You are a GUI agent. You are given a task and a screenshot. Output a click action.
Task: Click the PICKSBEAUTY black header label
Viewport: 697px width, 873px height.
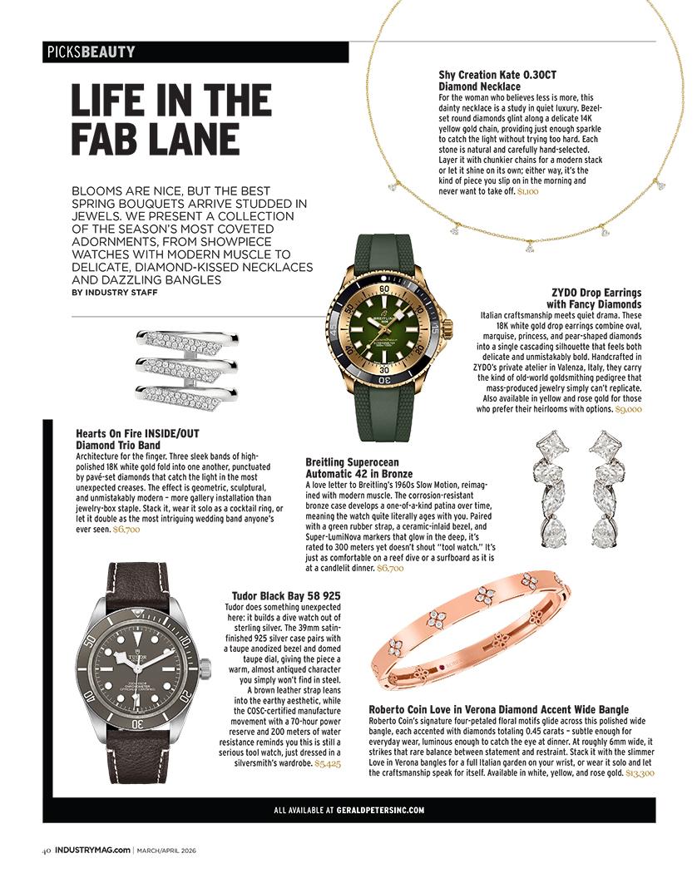pos(91,52)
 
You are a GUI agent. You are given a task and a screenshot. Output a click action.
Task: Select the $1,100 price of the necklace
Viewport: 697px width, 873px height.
pos(528,191)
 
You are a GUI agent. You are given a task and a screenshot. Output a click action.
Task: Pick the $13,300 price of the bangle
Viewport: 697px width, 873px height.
pos(640,773)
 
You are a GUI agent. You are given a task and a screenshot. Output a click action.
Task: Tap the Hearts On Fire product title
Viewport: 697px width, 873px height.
pos(137,439)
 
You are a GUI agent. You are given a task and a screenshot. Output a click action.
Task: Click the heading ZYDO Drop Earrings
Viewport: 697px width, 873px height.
pos(596,298)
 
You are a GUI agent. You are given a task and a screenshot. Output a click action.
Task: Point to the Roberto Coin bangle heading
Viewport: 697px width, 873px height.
pos(499,709)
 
